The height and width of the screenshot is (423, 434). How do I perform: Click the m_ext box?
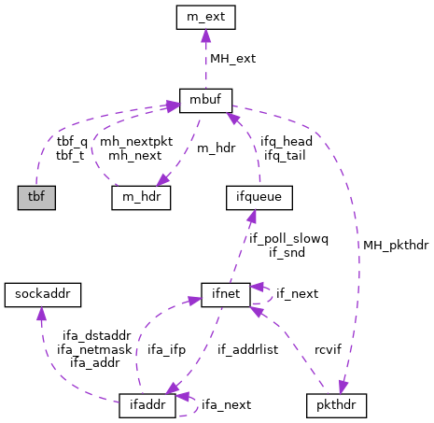(x=205, y=16)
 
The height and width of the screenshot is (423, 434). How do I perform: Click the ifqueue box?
(x=259, y=197)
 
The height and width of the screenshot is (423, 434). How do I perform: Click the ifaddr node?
(x=148, y=406)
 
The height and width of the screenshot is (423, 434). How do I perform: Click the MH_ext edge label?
(x=232, y=58)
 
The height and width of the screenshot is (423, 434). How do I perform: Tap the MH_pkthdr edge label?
(x=397, y=245)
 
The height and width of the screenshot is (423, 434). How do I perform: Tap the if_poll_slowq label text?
(x=288, y=238)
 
